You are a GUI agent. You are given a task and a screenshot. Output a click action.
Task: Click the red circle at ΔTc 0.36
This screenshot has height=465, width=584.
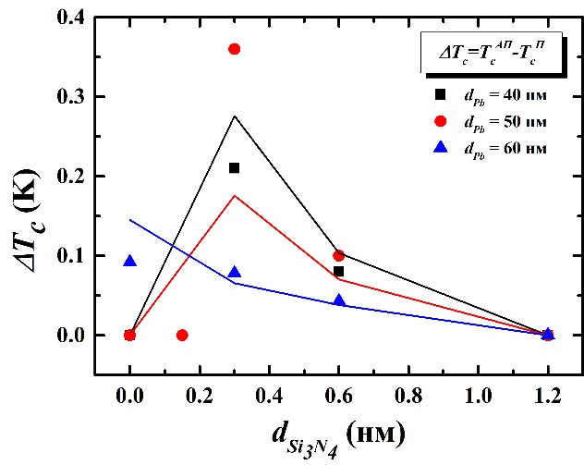[234, 49]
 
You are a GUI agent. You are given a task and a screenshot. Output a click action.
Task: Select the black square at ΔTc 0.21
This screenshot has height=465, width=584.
[234, 167]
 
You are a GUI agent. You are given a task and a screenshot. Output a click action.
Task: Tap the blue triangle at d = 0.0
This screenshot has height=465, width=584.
[129, 262]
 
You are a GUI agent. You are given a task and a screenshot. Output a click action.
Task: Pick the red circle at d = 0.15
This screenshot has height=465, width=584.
[182, 335]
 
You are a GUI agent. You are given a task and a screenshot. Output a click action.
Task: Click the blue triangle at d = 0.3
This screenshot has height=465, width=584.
[234, 272]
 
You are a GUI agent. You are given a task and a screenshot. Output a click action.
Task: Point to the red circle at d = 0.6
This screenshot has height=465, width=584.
[338, 255]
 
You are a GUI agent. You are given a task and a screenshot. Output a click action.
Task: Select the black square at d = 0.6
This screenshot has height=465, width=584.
[338, 271]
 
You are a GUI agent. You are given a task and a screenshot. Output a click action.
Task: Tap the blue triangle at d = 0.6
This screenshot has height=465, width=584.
[338, 300]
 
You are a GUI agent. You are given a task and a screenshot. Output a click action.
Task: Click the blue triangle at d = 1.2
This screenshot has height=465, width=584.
[547, 334]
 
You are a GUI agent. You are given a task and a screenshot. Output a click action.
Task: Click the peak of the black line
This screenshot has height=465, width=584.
[234, 116]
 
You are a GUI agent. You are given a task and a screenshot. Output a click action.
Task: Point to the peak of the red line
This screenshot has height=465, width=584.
[234, 195]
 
